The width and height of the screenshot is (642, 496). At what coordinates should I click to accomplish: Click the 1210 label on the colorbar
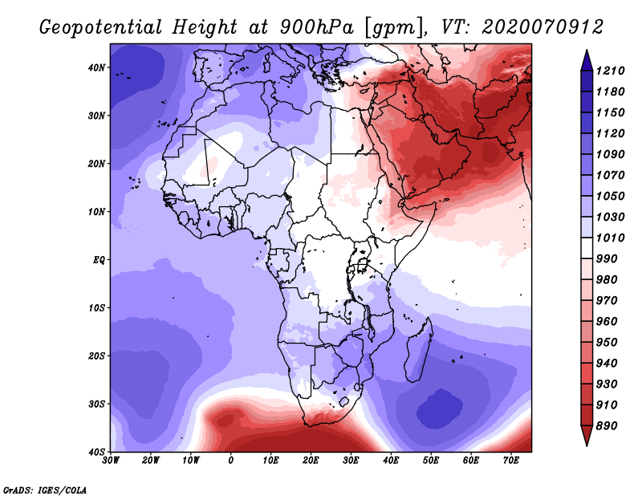point(611,71)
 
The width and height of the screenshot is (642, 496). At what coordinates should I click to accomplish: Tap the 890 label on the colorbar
point(607,426)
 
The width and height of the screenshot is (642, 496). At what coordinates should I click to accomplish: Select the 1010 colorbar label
point(611,238)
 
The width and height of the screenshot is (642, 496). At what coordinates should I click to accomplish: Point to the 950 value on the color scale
point(607,343)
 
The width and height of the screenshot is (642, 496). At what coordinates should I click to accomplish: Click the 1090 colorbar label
point(611,154)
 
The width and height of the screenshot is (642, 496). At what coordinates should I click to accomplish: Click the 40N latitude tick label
point(95,67)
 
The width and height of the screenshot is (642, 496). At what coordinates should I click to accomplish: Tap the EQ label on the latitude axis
point(98,260)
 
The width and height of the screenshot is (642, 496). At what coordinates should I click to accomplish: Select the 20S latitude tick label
point(95,356)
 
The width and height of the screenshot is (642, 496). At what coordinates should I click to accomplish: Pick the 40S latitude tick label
point(95,452)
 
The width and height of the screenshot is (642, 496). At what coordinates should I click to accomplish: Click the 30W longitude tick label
point(111,461)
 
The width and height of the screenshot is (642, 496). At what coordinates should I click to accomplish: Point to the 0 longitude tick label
point(231,461)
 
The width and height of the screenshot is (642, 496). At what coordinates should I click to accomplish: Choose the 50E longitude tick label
point(431,461)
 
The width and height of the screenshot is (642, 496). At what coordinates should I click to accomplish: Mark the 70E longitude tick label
point(510,461)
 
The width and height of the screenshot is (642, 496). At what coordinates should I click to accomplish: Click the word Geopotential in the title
point(101,27)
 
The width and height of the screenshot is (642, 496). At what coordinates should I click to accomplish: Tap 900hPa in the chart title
point(316,27)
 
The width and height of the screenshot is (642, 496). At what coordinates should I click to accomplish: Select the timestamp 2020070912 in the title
point(542,27)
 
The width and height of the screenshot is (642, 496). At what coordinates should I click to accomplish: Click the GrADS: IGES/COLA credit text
point(45,490)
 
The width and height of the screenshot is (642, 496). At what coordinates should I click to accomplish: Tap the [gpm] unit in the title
point(395,27)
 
